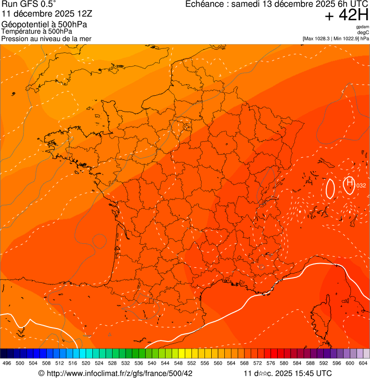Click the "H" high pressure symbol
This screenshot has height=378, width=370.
click(350, 182)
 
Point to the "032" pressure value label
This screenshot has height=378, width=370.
click(361, 186)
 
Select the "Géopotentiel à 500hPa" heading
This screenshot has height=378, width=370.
click(44, 24)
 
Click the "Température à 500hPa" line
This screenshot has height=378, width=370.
click(37, 31)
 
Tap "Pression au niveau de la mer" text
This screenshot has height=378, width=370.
click(46, 38)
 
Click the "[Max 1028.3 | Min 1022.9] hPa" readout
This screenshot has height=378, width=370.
click(335, 38)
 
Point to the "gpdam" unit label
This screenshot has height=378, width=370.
click(363, 27)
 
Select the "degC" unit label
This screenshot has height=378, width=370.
click(364, 33)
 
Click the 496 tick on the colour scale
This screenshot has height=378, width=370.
click(7, 363)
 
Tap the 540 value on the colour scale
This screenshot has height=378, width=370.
click(152, 363)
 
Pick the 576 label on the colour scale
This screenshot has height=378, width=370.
click(271, 363)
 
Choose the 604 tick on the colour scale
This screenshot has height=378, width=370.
click(363, 363)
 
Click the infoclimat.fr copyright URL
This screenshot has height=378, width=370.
click(115, 373)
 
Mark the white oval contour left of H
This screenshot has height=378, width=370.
click(330, 189)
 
